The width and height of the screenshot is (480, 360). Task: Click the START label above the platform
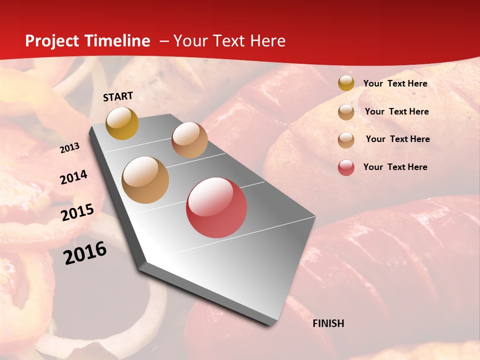click(x=118, y=96)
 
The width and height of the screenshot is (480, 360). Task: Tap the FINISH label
click(x=328, y=323)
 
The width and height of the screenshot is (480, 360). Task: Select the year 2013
click(x=70, y=148)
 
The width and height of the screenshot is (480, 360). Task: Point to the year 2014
click(x=74, y=177)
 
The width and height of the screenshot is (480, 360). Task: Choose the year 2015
click(x=77, y=212)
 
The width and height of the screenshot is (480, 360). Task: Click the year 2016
click(x=85, y=252)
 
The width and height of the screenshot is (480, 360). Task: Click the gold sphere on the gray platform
click(x=122, y=123)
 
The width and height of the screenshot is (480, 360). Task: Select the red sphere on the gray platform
click(x=216, y=207)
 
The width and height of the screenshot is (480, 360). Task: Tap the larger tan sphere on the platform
click(x=145, y=180)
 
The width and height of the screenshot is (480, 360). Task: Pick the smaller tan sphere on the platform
click(x=189, y=140)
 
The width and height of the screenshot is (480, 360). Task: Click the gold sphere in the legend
click(x=346, y=83)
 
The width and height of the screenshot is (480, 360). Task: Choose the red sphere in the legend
click(x=346, y=167)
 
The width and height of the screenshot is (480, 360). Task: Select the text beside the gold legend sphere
click(x=395, y=83)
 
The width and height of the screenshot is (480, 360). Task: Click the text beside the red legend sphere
click(x=395, y=167)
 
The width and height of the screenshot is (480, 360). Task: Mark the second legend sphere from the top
click(x=346, y=112)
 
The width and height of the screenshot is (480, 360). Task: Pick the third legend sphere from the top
click(x=346, y=140)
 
